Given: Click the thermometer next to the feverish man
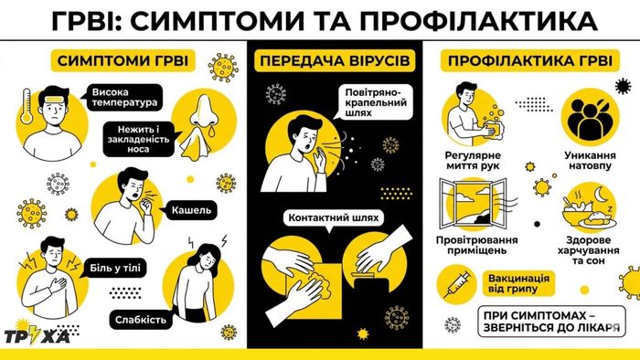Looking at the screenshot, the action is [27, 106].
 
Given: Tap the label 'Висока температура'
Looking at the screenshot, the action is [124, 98].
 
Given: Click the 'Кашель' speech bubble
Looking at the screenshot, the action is [190, 210].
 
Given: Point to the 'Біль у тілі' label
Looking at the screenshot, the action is [114, 269].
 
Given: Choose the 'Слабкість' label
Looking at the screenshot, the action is [141, 320].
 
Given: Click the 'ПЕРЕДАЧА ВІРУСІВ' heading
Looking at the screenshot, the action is [335, 60].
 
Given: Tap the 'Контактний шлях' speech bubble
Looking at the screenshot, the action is [334, 218].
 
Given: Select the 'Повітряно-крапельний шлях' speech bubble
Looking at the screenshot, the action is [376, 102].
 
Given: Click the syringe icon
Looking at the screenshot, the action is [457, 284].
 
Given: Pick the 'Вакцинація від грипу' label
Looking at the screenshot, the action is [518, 284].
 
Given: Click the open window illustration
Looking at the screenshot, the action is [473, 203].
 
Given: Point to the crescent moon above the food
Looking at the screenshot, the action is [602, 194].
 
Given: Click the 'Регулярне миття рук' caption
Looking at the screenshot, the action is [473, 161].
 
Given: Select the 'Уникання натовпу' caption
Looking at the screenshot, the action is [590, 161].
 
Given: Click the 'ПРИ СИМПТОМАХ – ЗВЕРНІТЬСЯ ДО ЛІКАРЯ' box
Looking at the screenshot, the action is [551, 322].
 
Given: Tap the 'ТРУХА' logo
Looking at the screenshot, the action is [37, 336].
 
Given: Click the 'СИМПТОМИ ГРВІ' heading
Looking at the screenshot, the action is [123, 60].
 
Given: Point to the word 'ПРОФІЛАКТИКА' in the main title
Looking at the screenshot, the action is [478, 21].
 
